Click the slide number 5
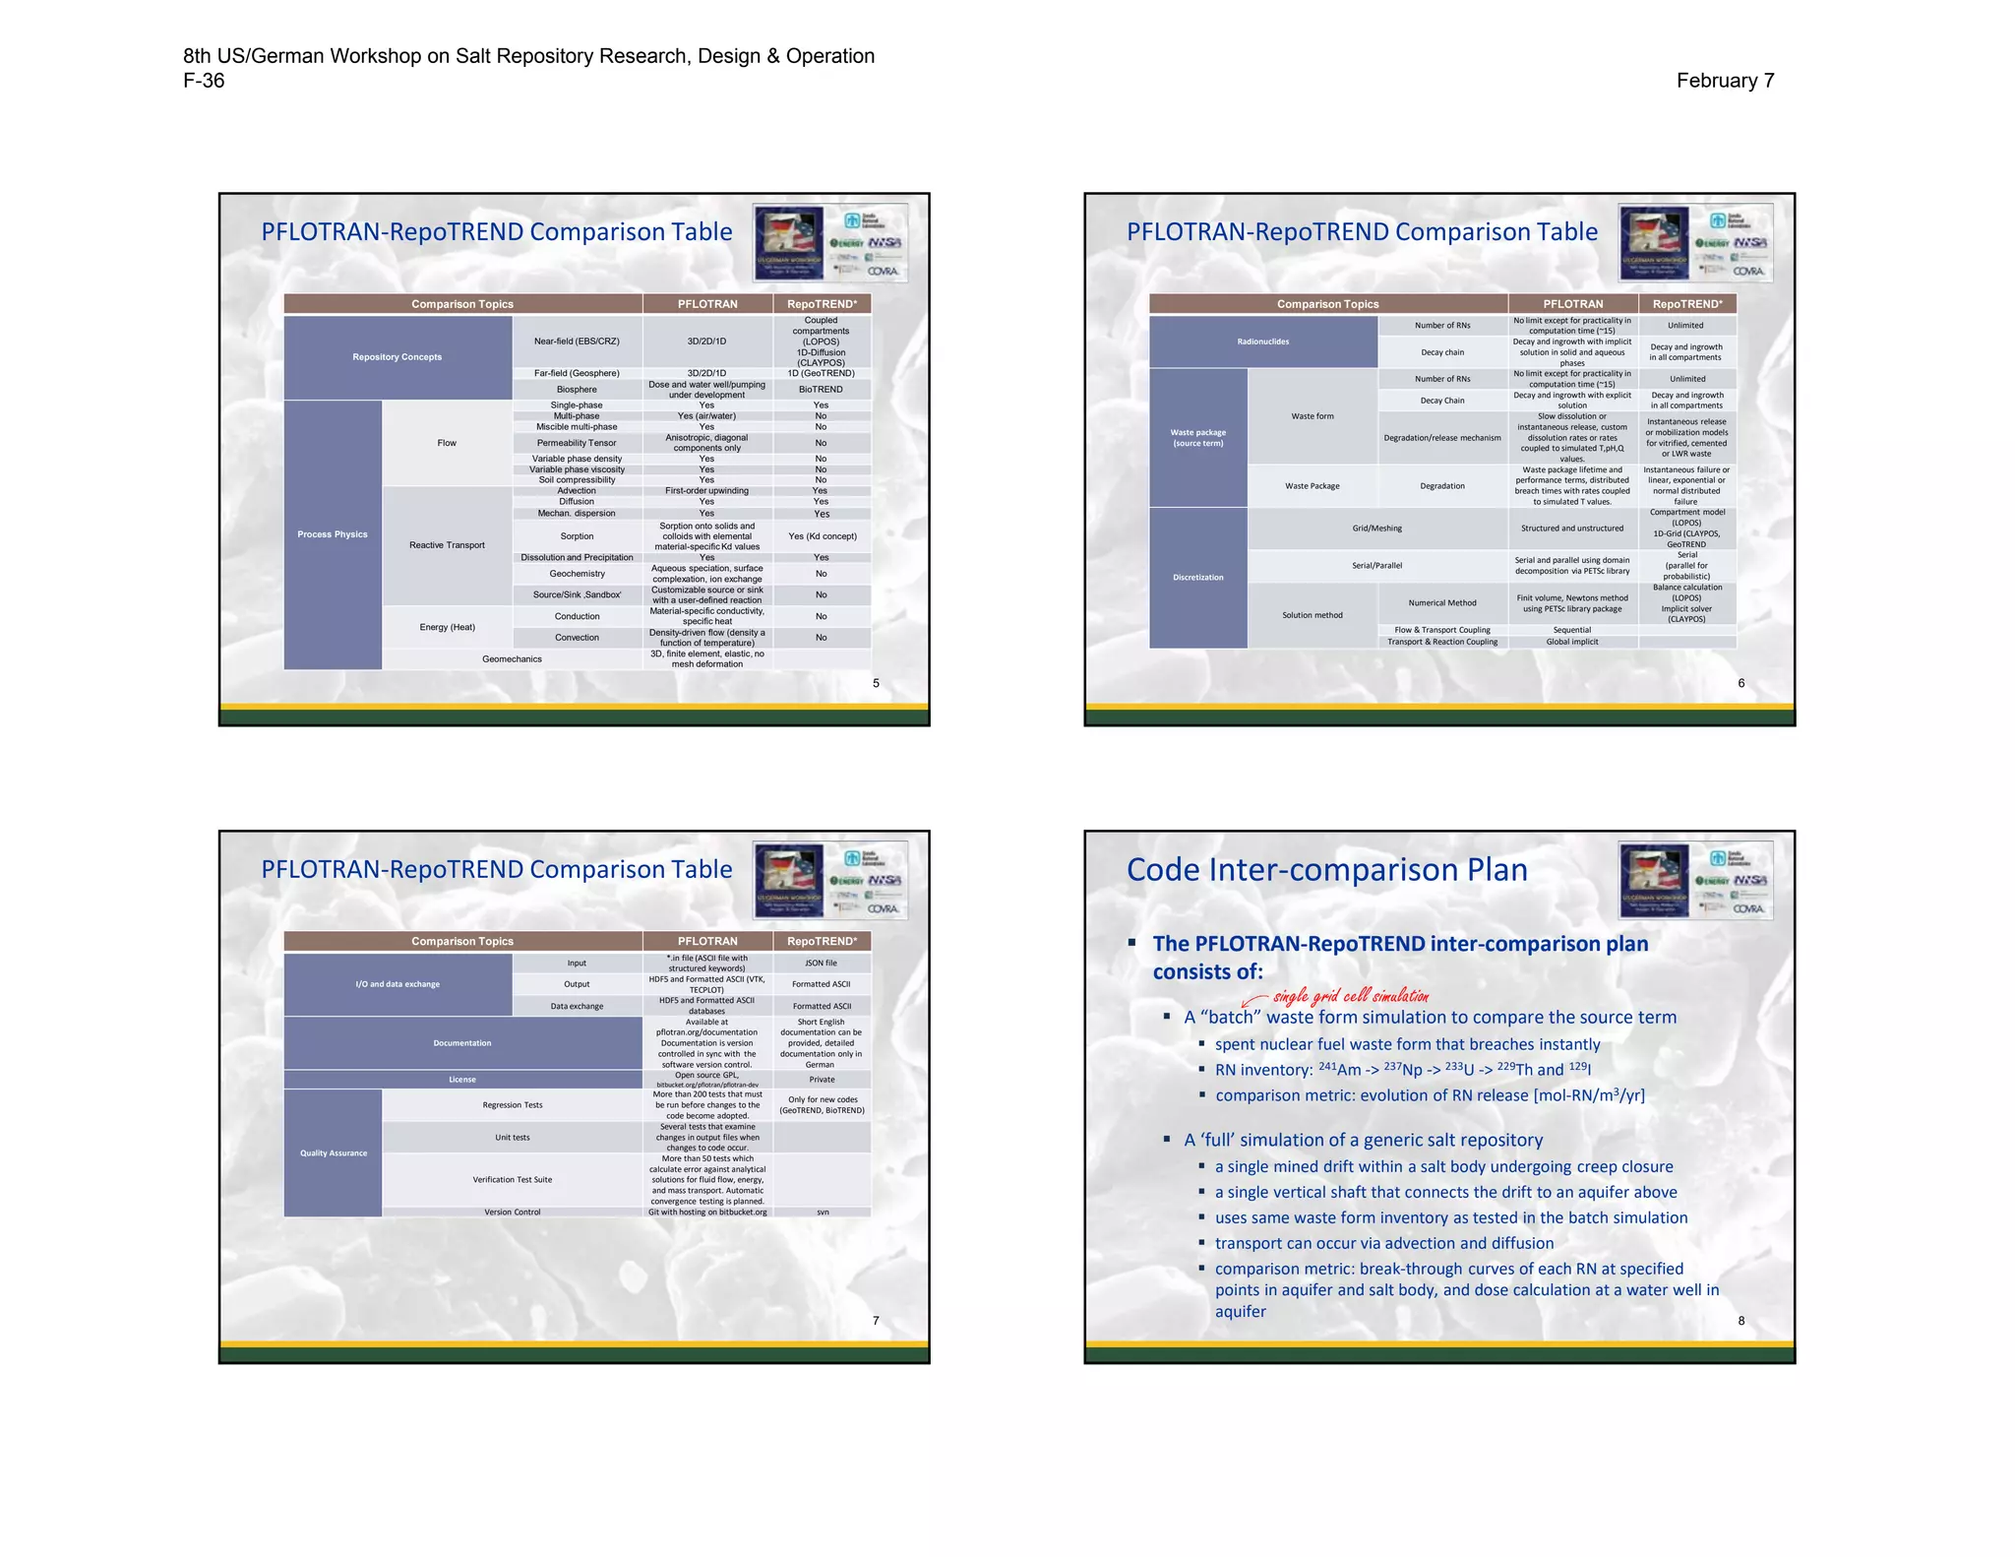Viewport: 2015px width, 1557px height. point(876,683)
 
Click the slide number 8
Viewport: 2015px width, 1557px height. point(1740,1321)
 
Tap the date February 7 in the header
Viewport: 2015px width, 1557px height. point(1725,81)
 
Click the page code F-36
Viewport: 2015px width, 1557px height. point(204,81)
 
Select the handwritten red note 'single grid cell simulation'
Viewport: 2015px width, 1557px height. point(1350,996)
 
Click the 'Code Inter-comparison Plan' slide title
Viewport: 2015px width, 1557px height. point(1326,870)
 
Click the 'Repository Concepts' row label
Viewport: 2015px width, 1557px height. point(397,357)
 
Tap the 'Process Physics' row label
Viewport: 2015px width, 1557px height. point(333,534)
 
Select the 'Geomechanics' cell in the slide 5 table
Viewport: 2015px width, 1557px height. point(512,659)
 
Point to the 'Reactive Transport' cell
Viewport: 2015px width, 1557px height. point(447,545)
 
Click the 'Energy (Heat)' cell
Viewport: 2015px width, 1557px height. point(447,627)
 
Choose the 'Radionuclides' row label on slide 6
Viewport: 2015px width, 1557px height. point(1262,342)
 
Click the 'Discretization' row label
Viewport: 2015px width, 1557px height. point(1197,578)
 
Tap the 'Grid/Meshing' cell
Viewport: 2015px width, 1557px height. point(1376,529)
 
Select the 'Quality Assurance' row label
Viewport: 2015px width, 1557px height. point(333,1153)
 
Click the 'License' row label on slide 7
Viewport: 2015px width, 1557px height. point(462,1080)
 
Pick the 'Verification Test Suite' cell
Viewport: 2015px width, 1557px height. point(512,1179)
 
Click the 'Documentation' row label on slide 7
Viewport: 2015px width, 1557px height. point(462,1043)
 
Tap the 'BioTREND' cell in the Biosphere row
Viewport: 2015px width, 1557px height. point(821,390)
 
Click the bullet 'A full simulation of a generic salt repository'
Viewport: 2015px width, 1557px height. point(1363,1140)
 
